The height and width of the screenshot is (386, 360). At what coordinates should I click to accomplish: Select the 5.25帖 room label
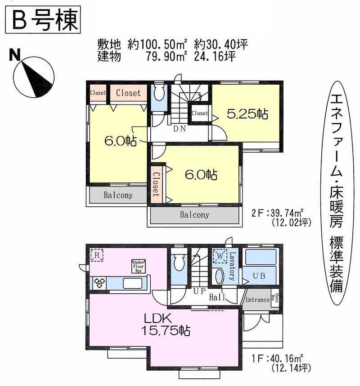tap(247, 114)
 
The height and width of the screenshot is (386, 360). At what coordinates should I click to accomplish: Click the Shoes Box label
tap(278, 299)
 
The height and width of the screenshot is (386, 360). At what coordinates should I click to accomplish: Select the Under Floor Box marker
tap(138, 266)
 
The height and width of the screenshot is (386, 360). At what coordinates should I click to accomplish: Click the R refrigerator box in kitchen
tap(97, 255)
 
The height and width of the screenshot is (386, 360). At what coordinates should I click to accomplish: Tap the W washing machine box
tap(219, 256)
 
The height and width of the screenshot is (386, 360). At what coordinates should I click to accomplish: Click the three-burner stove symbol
tap(99, 283)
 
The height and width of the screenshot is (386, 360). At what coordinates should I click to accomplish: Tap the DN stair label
tap(179, 128)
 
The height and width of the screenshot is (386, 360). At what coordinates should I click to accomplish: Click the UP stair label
tap(199, 291)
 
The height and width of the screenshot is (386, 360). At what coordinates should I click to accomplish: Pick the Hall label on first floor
tap(217, 297)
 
